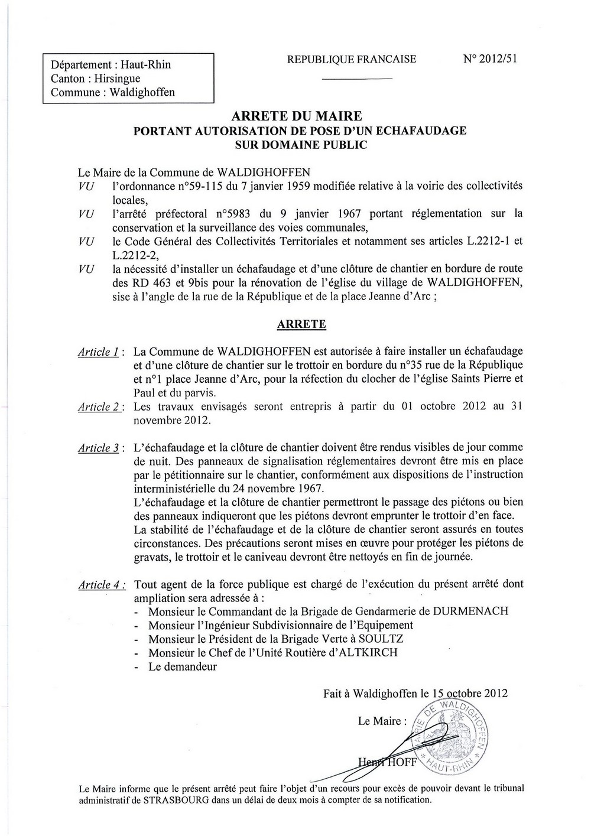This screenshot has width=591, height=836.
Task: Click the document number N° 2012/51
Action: coord(491,59)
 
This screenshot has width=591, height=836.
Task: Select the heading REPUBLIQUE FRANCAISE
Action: coord(351,59)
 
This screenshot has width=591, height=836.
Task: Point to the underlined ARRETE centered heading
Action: coord(301,324)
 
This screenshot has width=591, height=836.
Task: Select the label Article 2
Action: coord(100,406)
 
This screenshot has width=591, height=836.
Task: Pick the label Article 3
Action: coord(100,448)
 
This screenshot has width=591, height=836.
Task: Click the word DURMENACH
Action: coord(471,611)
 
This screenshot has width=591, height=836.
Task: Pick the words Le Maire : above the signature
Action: coord(382,721)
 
